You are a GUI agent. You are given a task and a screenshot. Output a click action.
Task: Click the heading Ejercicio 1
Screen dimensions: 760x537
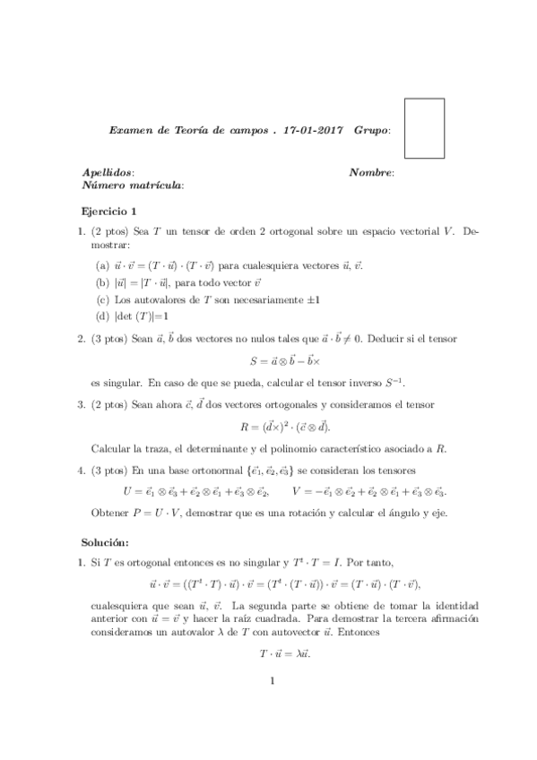108,212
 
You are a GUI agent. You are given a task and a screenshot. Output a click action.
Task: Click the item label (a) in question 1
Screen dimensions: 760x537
102,266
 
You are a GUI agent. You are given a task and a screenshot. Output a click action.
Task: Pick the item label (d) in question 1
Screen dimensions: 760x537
102,315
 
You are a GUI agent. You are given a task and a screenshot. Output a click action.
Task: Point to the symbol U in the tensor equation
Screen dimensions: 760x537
126,492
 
